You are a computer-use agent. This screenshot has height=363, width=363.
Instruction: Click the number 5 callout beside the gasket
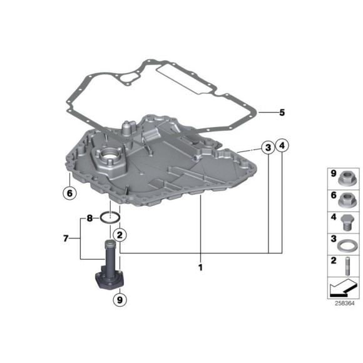click(282, 113)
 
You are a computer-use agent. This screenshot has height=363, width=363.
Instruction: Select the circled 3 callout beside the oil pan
click(267, 148)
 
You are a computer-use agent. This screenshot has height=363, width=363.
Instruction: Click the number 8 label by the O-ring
click(89, 218)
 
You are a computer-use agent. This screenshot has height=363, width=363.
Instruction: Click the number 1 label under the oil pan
click(200, 268)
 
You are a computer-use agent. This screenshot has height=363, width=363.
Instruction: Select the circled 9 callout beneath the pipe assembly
click(119, 300)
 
